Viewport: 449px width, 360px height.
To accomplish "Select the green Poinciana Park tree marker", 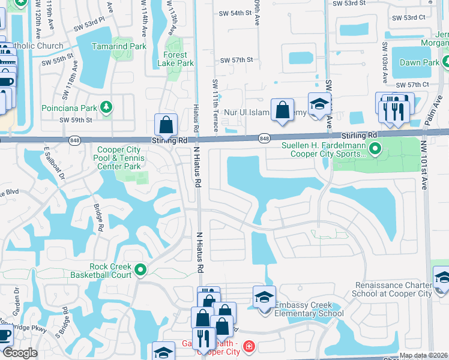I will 106,107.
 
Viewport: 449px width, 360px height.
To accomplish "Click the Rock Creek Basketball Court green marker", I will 140,270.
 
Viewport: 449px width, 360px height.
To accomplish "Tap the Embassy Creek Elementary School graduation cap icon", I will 264,298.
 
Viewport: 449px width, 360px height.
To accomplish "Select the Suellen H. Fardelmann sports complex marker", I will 375,148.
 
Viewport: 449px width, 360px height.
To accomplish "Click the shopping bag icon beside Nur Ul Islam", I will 282,110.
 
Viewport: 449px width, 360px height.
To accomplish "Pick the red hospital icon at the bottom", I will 249,347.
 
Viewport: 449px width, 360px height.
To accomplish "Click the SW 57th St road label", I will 237,60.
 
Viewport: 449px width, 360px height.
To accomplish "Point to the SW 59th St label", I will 76,119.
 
